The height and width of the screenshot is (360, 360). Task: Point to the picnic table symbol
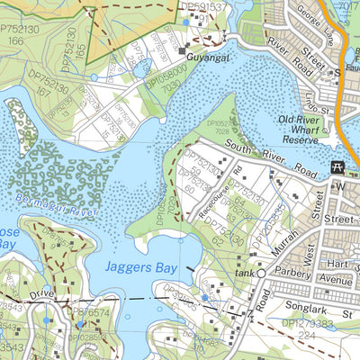tap(338, 167)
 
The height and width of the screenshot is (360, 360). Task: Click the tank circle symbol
tap(261, 273)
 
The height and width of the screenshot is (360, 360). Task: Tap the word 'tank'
tap(241, 273)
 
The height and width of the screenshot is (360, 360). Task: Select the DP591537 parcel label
tap(203, 6)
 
